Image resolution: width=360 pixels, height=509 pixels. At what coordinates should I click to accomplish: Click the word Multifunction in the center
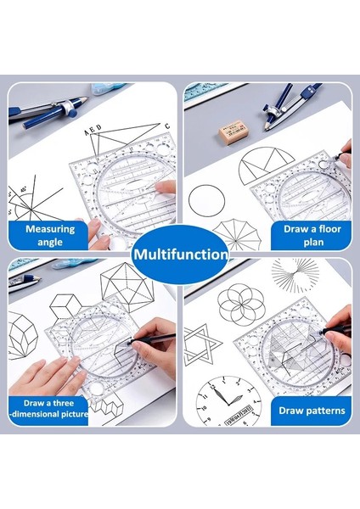(x=180, y=254)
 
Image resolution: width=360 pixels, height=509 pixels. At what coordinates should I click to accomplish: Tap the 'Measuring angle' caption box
(x=49, y=235)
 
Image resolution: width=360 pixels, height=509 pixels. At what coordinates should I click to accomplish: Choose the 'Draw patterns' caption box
(x=312, y=411)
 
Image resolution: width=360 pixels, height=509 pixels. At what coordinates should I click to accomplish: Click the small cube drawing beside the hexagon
(x=65, y=306)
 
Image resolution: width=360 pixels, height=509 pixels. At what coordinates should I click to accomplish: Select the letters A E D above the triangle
(x=93, y=131)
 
